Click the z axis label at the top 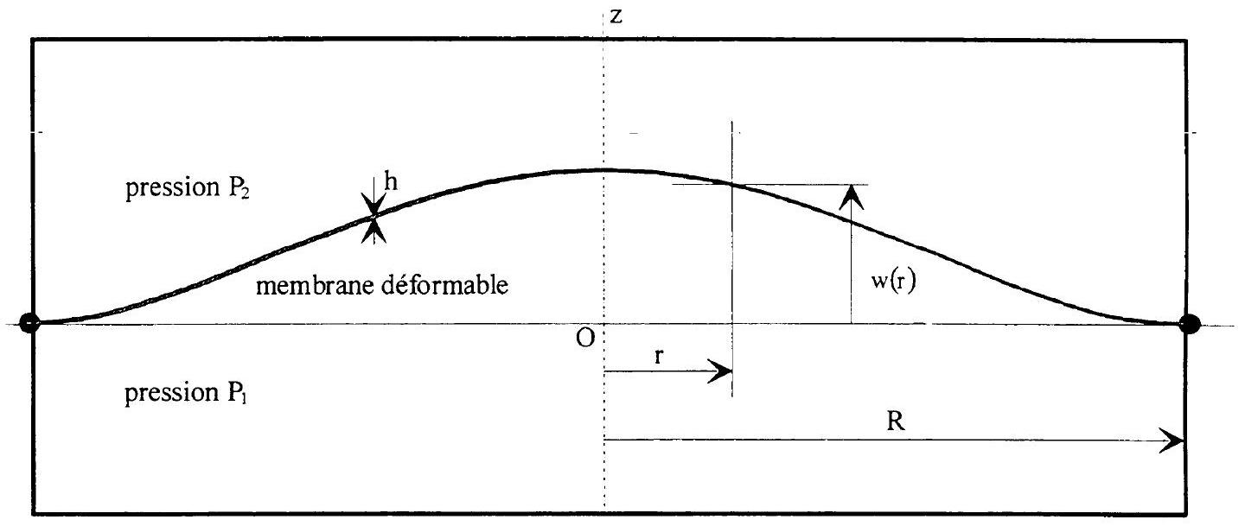click(x=616, y=16)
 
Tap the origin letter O click(x=585, y=338)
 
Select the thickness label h click(x=391, y=181)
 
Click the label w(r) click(x=892, y=282)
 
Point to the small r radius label click(x=659, y=356)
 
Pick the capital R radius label click(x=896, y=421)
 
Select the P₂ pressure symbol click(x=238, y=188)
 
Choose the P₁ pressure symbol click(x=237, y=393)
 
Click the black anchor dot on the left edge click(x=29, y=323)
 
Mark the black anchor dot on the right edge click(x=1190, y=324)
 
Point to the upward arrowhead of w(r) click(x=851, y=197)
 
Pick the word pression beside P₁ click(x=172, y=394)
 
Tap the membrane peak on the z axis click(x=604, y=169)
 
